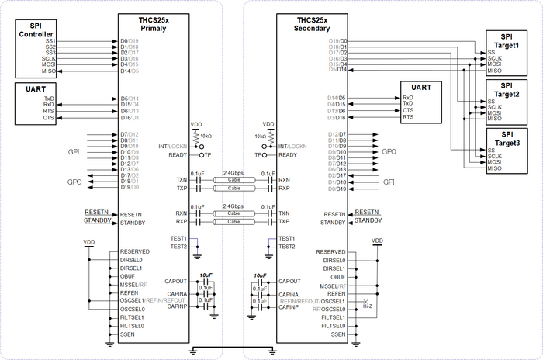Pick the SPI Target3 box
(505, 149)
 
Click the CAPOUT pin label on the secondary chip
(289, 282)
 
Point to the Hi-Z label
(368, 306)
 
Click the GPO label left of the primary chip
(75, 181)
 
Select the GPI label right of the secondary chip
(389, 181)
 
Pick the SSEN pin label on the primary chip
(129, 335)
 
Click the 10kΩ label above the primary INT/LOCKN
(203, 137)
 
